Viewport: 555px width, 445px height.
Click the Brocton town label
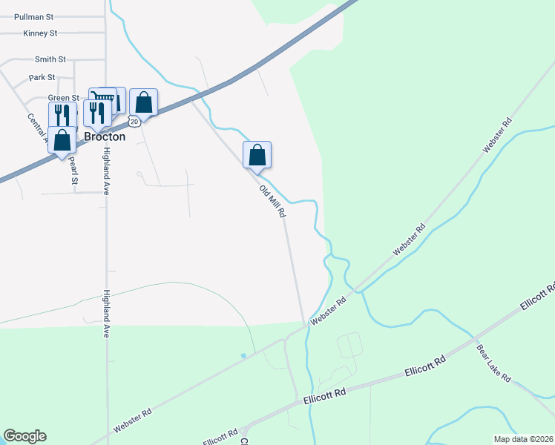tap(104, 137)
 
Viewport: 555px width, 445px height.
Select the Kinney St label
tap(40, 33)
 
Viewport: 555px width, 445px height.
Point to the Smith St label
tap(50, 59)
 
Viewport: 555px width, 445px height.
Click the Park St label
tap(42, 77)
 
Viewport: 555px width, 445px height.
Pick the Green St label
tap(63, 98)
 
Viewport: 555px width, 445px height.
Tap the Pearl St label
tap(73, 169)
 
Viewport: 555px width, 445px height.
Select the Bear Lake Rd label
tap(493, 363)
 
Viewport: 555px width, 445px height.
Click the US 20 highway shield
tap(134, 120)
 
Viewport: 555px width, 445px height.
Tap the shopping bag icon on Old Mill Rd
tap(257, 155)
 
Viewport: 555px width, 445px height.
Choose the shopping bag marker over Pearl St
tap(62, 140)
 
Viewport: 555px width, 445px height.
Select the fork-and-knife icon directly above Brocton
tap(97, 113)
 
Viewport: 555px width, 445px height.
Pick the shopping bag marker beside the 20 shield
tap(144, 102)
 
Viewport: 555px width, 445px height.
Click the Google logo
tap(24, 436)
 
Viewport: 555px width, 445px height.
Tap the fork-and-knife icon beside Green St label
tap(62, 116)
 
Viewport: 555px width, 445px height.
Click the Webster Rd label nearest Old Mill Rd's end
tap(329, 310)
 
